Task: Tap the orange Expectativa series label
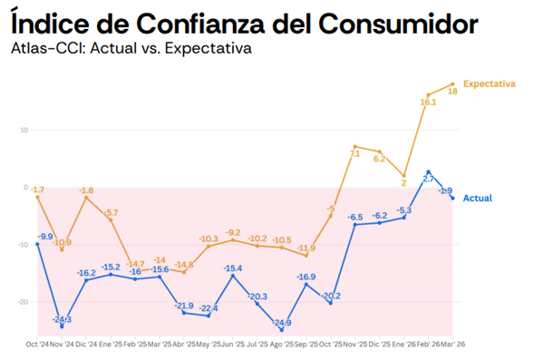(x=490, y=83)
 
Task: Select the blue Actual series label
(x=478, y=198)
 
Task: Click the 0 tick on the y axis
(x=25, y=187)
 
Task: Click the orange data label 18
(x=451, y=92)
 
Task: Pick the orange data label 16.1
(x=429, y=102)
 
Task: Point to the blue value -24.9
(x=282, y=323)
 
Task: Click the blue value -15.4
(x=233, y=268)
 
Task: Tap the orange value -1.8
(x=86, y=190)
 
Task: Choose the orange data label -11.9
(x=306, y=248)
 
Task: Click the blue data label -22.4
(x=209, y=308)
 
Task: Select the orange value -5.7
(x=111, y=212)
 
